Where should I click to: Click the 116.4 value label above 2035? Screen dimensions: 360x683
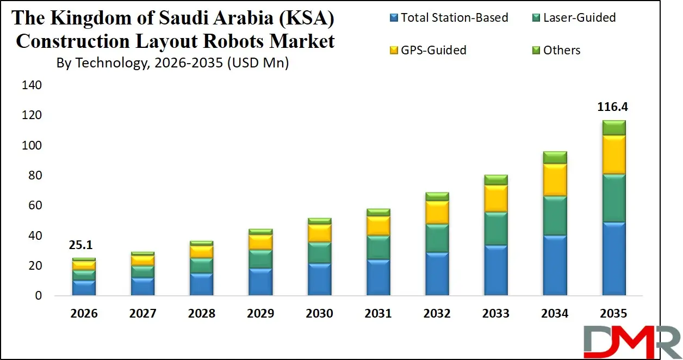coord(613,107)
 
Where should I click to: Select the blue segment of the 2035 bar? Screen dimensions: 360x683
coord(613,259)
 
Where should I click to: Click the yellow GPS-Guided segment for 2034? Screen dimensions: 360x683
coord(555,179)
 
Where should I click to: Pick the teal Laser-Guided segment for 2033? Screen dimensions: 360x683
coord(496,228)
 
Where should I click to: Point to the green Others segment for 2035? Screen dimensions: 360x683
coord(613,127)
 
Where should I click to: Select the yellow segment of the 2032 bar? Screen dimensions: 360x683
coord(437,212)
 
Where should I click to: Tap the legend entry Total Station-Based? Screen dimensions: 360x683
coord(454,17)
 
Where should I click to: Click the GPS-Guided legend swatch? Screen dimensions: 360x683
coord(393,51)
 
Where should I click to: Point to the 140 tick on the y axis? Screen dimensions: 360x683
coord(32,85)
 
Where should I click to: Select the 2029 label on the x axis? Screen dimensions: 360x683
coord(260,314)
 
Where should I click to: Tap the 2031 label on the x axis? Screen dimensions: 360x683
coord(378,314)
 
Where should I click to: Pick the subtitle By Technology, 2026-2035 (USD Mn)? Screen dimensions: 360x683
coord(172,63)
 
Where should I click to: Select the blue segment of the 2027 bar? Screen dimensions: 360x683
coord(142,286)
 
